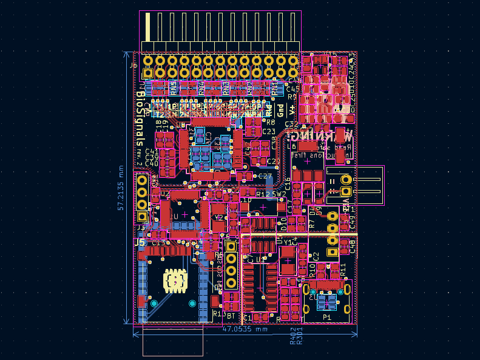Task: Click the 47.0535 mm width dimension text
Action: pos(245,329)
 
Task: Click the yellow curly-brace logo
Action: pos(174,281)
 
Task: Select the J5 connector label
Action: pos(140,242)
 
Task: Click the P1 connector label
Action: pos(327,318)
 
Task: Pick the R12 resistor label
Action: pos(263,194)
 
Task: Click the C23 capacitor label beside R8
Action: pos(269,131)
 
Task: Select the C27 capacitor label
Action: pos(265,177)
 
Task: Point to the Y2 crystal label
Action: pos(218,217)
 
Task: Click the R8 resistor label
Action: pos(271,123)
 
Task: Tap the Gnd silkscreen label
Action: pos(280,110)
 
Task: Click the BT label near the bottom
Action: pos(231,316)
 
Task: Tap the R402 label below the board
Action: pos(292,339)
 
